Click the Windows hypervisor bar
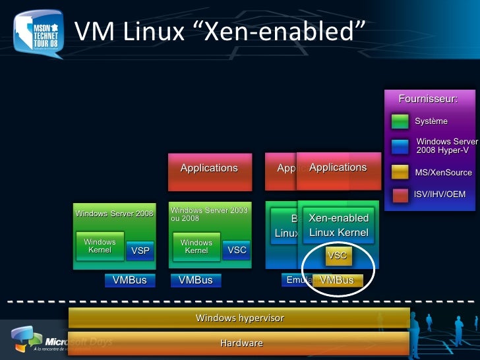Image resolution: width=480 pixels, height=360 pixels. point(239,318)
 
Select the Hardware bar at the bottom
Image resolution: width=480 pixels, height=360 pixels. point(239,343)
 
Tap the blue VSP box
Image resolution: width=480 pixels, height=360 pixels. point(140,251)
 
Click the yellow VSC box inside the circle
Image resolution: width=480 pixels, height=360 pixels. point(337,255)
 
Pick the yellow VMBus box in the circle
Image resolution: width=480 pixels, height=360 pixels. point(338,280)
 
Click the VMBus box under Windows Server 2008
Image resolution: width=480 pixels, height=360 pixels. point(129,280)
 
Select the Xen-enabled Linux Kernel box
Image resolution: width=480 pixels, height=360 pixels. point(339,225)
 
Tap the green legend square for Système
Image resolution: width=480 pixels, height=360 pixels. point(400,121)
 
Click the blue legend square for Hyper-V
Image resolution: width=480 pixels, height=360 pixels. point(400,146)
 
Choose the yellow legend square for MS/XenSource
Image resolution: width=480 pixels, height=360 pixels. point(400,172)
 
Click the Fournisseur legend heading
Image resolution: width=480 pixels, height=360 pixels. point(428,99)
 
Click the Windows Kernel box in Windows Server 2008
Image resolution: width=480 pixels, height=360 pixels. point(100,246)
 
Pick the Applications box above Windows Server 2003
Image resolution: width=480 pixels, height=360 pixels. point(210,168)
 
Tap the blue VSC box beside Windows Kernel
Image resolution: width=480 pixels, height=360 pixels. point(237,251)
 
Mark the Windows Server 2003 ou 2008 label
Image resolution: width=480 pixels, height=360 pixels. point(209,214)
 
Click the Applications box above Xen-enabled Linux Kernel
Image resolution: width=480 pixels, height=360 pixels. point(339,167)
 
